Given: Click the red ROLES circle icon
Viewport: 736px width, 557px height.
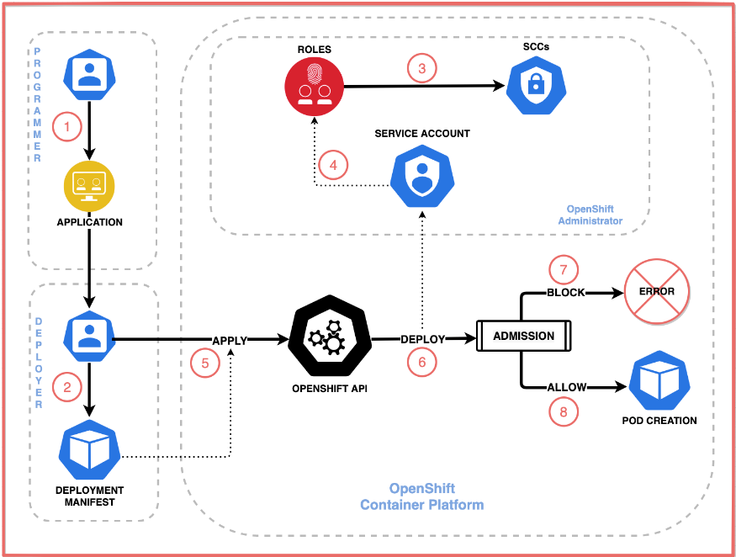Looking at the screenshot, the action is pyautogui.click(x=314, y=87).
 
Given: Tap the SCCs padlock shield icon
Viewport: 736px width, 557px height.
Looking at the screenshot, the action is pyautogui.click(x=536, y=86).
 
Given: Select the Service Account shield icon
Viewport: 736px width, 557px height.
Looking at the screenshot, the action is pyautogui.click(x=422, y=176).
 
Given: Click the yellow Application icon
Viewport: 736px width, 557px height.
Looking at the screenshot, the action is pyautogui.click(x=89, y=187).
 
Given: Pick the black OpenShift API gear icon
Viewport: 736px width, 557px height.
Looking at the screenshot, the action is pyautogui.click(x=330, y=336).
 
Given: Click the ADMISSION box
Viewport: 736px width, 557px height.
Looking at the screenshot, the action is pyautogui.click(x=523, y=336).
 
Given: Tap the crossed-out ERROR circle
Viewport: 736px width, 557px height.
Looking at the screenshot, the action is pyautogui.click(x=656, y=291).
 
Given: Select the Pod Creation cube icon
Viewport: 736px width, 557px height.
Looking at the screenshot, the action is pyautogui.click(x=659, y=381).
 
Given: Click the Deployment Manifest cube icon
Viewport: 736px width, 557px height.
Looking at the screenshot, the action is pyautogui.click(x=89, y=450).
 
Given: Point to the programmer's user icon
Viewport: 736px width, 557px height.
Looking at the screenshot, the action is pyautogui.click(x=89, y=75).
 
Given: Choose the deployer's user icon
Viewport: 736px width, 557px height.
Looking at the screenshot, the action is pyautogui.click(x=89, y=337).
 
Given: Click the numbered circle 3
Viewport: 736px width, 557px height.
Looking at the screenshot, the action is pyautogui.click(x=421, y=68).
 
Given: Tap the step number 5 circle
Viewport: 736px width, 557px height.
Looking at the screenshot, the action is pyautogui.click(x=205, y=363).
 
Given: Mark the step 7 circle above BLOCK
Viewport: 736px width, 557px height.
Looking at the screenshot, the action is pyautogui.click(x=564, y=270).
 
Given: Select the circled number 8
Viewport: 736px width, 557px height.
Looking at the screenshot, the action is pyautogui.click(x=564, y=412).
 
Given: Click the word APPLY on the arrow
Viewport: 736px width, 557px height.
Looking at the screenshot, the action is pyautogui.click(x=230, y=341).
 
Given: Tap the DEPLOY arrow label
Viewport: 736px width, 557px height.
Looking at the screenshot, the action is pyautogui.click(x=422, y=339).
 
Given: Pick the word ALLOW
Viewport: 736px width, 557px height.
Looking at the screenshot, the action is pyautogui.click(x=567, y=387).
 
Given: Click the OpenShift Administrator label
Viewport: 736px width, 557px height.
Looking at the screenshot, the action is pyautogui.click(x=590, y=215).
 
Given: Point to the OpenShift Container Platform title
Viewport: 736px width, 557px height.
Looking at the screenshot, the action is pyautogui.click(x=421, y=496).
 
